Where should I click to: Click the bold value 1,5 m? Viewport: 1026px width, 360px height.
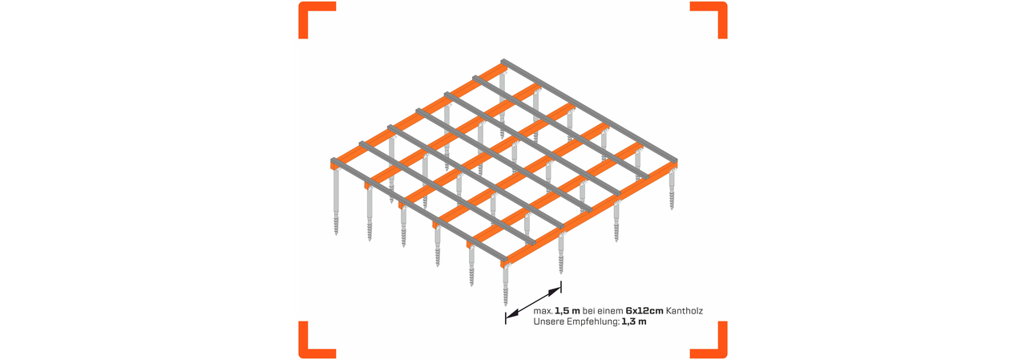coord(568,310)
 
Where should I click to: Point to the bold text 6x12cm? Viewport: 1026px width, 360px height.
coord(645,310)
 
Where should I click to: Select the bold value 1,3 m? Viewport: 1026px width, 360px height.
coord(634,322)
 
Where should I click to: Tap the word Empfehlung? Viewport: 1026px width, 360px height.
coord(592,322)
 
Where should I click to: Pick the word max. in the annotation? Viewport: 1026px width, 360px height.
coord(543,310)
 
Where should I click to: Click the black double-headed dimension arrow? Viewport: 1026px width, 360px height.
coord(533,302)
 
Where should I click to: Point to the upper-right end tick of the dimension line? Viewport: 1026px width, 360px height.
coord(561,287)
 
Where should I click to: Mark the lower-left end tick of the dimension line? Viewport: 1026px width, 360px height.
coord(505,318)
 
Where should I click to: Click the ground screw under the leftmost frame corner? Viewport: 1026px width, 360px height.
coord(336,204)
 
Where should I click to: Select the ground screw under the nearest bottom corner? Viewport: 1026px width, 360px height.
coord(505,289)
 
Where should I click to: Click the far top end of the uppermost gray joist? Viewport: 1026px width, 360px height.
coord(505,61)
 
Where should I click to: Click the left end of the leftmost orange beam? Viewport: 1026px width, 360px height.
coord(334,164)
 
